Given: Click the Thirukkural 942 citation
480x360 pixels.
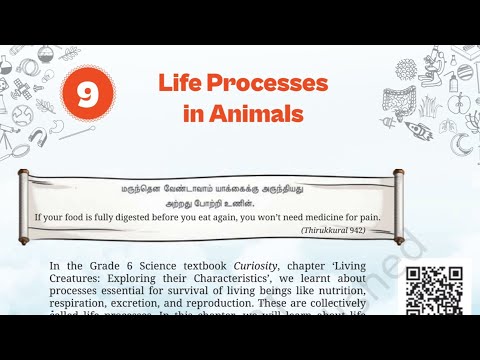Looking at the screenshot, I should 341,230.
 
